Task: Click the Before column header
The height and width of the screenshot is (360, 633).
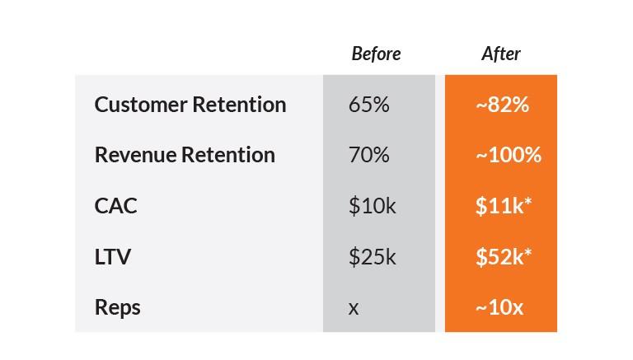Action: (376, 54)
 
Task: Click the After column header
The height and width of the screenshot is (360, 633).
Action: (501, 54)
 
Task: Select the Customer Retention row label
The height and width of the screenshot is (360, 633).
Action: (190, 105)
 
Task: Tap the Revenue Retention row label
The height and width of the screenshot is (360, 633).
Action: (185, 155)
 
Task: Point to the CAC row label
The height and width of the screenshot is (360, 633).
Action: (116, 206)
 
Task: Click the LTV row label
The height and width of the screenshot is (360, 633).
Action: (113, 257)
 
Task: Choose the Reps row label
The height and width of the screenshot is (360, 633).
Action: (118, 308)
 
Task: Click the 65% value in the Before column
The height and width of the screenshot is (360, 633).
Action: (369, 105)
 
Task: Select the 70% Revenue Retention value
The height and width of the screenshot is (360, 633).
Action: (369, 155)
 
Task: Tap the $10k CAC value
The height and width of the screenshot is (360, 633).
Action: (373, 206)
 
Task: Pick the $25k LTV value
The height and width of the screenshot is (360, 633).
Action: (373, 257)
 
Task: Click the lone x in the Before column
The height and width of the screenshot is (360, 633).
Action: (354, 309)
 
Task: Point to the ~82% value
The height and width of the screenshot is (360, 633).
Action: (502, 105)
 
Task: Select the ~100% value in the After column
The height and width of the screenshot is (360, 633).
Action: (509, 155)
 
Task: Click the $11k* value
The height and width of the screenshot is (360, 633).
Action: (504, 206)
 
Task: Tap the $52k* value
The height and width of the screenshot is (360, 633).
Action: (504, 257)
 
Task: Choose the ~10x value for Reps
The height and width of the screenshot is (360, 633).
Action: (499, 307)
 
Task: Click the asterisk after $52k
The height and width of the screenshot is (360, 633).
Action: (527, 253)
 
